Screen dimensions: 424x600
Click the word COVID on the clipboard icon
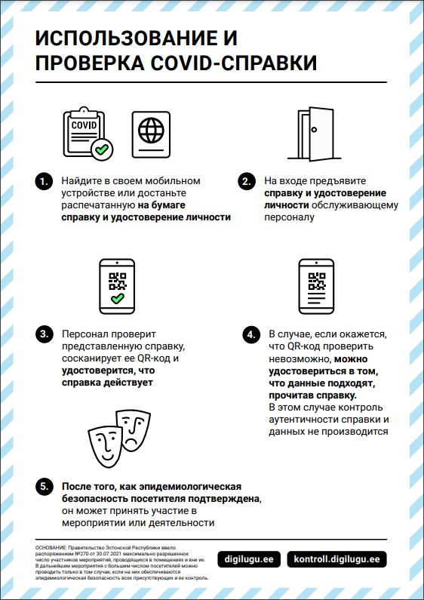click(84, 125)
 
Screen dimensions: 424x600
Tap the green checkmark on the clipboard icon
click(102, 149)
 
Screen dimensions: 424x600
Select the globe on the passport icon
click(151, 130)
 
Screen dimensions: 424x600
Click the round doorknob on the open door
click(314, 129)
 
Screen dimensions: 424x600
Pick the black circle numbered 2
click(247, 181)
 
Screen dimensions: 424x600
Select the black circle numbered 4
click(250, 335)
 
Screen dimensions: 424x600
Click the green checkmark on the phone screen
click(117, 298)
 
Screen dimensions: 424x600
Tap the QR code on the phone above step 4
click(316, 281)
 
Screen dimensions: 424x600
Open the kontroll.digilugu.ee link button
click(336, 559)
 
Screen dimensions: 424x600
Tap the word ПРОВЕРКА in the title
click(91, 63)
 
